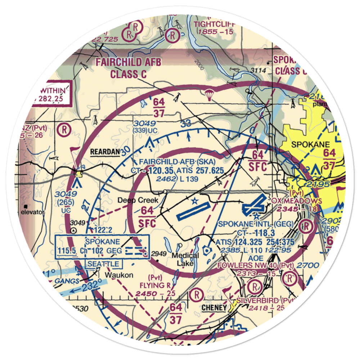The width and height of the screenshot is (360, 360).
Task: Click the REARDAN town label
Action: (105, 152)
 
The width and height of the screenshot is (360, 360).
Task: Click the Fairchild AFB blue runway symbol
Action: (193, 211)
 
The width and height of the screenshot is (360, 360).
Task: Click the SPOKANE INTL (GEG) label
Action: (256, 224)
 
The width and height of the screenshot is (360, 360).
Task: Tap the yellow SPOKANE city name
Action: (310, 145)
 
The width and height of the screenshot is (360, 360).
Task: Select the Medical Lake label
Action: (185, 259)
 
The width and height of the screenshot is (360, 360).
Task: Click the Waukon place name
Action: (119, 275)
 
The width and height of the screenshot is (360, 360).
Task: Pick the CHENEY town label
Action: (214, 308)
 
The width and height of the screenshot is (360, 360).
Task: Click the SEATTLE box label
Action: (103, 264)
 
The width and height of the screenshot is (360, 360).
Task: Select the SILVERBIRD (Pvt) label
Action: (266, 300)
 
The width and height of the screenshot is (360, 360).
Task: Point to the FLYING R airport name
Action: (155, 285)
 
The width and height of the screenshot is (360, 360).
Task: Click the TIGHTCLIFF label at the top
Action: (214, 24)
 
